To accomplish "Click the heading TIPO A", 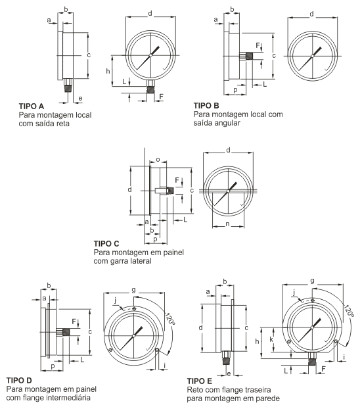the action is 32,106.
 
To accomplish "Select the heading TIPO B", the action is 206,106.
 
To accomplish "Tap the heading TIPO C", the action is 106,243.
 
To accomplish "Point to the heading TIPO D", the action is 19,381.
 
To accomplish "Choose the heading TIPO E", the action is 200,381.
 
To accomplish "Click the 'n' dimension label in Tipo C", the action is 228,224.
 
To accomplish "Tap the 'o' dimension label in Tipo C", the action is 158,160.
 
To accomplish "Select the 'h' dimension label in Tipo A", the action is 108,71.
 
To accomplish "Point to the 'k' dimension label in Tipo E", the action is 271,339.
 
